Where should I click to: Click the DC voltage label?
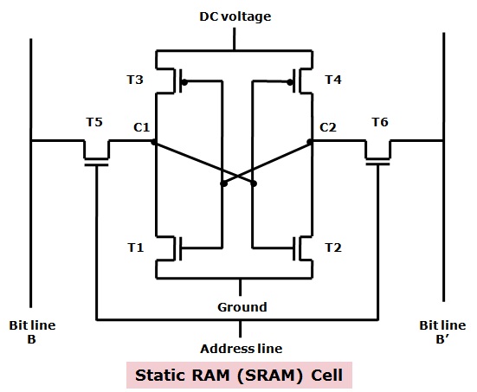235,16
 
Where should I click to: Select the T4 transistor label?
333,80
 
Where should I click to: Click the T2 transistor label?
333,247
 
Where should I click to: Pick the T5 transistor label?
94,122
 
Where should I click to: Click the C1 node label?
141,127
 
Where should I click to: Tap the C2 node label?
328,127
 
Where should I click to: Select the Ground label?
242,307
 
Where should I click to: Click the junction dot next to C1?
153,142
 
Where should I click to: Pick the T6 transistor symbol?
377,152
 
